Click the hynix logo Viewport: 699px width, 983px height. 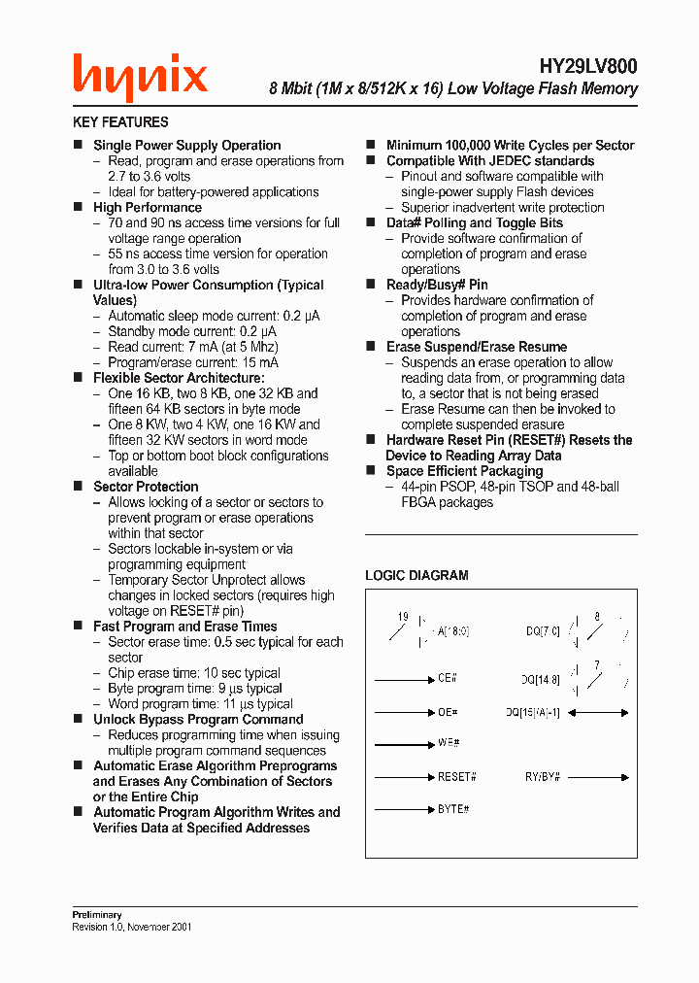[x=140, y=77]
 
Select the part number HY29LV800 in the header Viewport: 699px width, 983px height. [x=588, y=66]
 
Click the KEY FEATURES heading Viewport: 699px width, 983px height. [x=120, y=122]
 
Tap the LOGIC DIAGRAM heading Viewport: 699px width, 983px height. [x=416, y=575]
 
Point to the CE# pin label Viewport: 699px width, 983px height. [x=448, y=680]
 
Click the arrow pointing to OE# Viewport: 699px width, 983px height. [x=403, y=712]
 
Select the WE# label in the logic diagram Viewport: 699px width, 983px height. [x=449, y=743]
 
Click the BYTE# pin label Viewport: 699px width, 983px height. [x=453, y=808]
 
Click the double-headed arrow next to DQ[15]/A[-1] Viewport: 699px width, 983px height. [x=597, y=712]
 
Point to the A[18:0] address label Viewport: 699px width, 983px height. [x=453, y=631]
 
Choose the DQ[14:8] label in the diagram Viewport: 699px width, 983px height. [x=540, y=680]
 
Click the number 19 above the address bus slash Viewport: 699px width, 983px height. [x=403, y=617]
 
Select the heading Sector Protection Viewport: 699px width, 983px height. [x=146, y=487]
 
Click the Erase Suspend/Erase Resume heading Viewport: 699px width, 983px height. [x=476, y=347]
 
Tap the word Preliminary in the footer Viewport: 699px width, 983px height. [x=97, y=915]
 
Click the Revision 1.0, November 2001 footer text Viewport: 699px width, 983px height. [x=132, y=927]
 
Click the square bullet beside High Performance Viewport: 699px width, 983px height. [x=79, y=207]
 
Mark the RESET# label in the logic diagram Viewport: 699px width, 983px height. [x=456, y=777]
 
